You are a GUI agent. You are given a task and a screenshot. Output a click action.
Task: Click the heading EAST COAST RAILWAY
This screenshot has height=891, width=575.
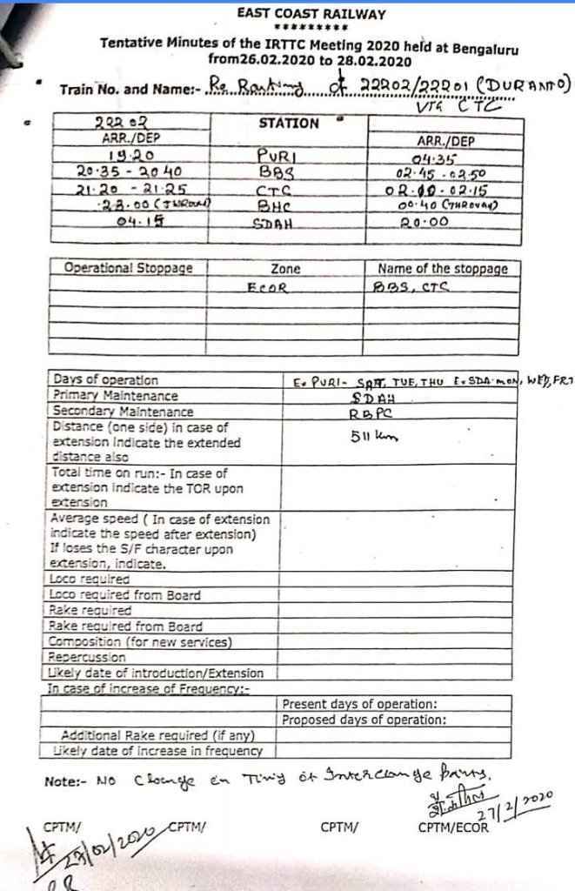coord(311,15)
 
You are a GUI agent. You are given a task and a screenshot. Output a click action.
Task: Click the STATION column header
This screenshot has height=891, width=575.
coord(289,124)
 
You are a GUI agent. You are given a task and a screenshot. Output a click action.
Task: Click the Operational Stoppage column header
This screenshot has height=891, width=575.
coord(128,269)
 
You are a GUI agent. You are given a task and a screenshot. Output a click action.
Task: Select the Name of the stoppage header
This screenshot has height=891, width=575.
coord(442,269)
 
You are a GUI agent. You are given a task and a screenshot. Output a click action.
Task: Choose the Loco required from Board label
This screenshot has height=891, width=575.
coord(125,595)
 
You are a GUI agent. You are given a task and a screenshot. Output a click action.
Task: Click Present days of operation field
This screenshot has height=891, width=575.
coord(360,704)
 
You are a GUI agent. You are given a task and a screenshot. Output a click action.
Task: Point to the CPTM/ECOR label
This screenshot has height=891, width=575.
coord(452,827)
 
